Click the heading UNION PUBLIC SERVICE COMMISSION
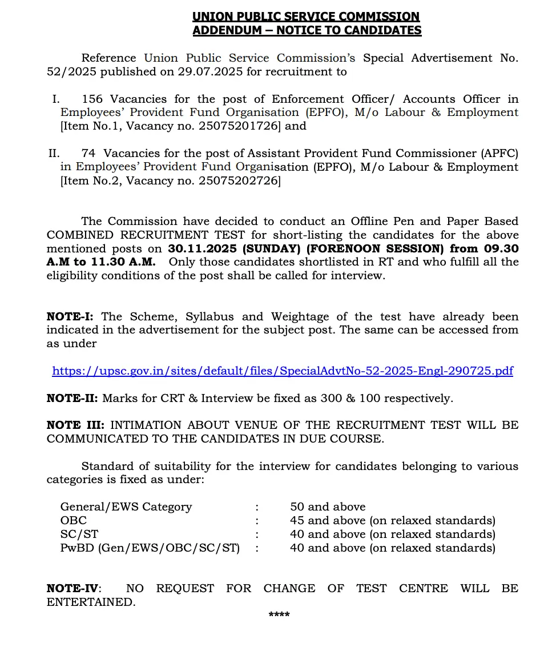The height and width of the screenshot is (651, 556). click(306, 17)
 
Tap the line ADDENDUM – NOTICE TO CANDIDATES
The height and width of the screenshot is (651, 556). click(307, 30)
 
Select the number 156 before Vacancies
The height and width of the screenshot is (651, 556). click(92, 99)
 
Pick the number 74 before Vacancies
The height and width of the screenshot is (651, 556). click(88, 154)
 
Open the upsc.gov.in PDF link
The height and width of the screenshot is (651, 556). click(283, 371)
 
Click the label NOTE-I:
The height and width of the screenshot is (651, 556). click(71, 316)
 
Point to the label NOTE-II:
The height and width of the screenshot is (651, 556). click(72, 399)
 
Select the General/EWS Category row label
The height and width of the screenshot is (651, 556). click(126, 507)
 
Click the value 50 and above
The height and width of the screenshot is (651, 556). click(328, 507)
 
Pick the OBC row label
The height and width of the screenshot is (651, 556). click(74, 521)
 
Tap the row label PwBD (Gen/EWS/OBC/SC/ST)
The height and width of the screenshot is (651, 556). click(150, 548)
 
